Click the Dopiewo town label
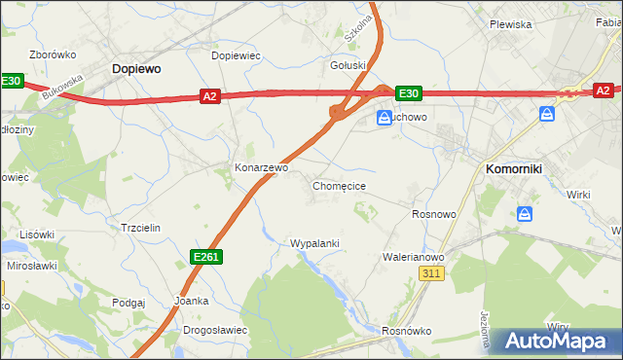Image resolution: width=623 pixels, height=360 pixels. [x=136, y=69]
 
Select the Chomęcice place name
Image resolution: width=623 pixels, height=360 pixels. [x=339, y=185]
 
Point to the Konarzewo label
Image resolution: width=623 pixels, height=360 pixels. [x=261, y=167]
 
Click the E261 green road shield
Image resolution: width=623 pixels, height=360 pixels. [x=206, y=256]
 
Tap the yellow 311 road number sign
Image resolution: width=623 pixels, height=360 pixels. [x=433, y=275]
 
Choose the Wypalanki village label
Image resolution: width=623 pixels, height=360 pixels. [x=314, y=242]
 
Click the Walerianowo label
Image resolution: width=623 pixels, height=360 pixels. [x=413, y=257]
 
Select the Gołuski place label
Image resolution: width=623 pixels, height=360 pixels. [x=348, y=65]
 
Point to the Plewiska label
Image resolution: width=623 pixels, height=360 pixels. [x=509, y=24]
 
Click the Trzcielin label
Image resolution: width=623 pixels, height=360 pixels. [x=139, y=227]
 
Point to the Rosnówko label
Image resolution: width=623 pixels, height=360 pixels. [x=406, y=331]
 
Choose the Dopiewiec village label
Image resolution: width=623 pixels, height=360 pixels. [x=236, y=55]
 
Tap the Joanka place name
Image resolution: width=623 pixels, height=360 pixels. [x=191, y=301]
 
